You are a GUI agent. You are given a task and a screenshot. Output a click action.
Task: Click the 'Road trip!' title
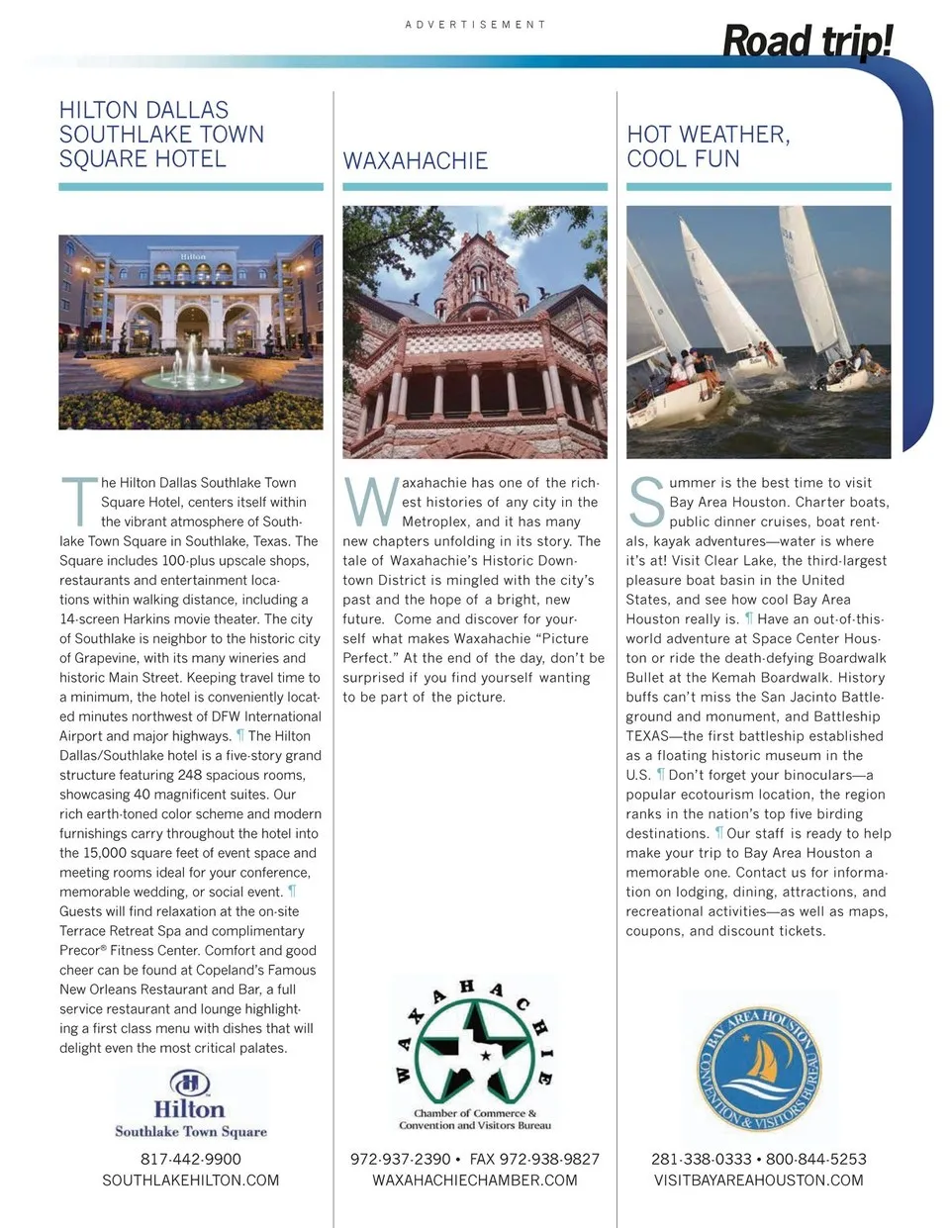pos(807,42)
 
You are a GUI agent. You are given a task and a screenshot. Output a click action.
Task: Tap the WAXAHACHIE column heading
pos(415,160)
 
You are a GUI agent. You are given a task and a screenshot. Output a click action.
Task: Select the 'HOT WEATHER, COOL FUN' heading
pos(708,146)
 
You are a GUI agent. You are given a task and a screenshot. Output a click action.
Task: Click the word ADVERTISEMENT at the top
pos(475,24)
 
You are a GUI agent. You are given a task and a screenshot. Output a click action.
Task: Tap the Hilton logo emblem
pos(190,1082)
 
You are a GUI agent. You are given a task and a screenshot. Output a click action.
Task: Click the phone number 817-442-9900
pos(190,1159)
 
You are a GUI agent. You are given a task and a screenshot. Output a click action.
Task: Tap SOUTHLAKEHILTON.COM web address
pos(190,1181)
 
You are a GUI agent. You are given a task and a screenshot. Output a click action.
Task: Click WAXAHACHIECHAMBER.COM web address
pos(475,1181)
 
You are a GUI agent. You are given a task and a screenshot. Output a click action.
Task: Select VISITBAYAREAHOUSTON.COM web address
pos(758,1181)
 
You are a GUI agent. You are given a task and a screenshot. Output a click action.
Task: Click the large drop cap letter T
pos(78,502)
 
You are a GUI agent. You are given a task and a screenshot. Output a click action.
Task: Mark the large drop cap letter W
pos(370,502)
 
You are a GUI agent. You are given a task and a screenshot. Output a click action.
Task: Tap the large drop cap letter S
pos(646,502)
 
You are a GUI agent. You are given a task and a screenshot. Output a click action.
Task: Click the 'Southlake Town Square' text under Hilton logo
pos(190,1131)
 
